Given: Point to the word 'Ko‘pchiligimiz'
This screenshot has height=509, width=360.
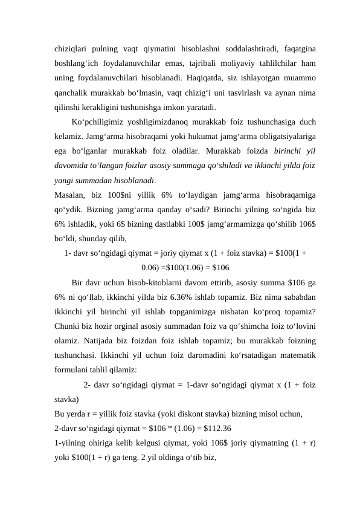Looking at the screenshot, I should (97, 122).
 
